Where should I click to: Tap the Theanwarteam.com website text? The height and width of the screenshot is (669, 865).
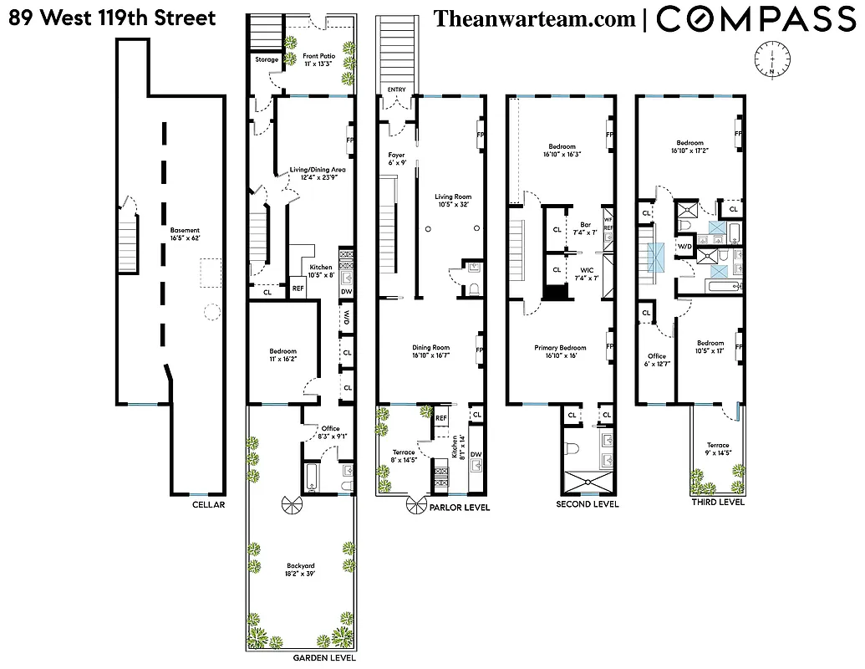pos(535,18)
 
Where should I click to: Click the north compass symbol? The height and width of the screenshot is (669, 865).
pos(774,58)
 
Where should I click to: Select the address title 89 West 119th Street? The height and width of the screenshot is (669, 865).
pos(112,18)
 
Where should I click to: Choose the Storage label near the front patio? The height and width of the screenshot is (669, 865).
pos(267,60)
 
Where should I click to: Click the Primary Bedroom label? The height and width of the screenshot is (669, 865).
pos(561,351)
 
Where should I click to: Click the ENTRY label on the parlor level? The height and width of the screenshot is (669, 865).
pos(395,89)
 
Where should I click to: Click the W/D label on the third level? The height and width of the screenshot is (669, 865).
pos(684,248)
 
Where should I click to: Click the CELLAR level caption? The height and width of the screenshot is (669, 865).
pos(208,504)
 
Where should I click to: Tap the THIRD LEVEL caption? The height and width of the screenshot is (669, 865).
pos(717,502)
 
